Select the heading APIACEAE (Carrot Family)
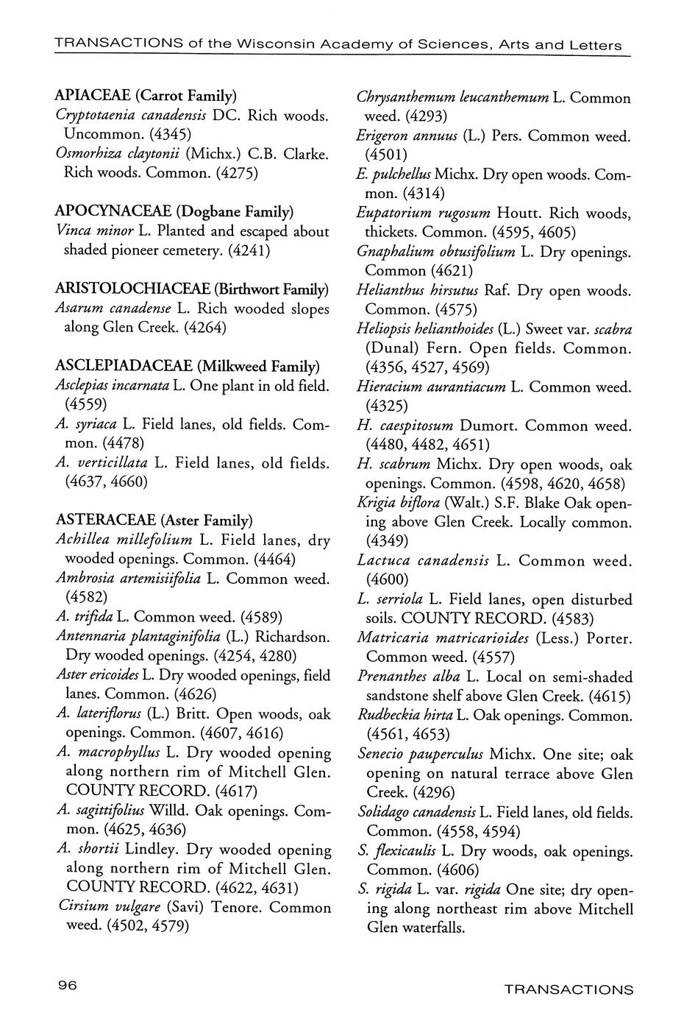(146, 96)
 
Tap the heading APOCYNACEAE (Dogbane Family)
(174, 212)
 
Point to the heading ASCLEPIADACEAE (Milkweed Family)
(188, 366)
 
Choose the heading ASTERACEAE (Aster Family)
(154, 521)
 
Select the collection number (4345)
(170, 135)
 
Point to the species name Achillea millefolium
(124, 540)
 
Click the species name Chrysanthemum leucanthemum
(452, 97)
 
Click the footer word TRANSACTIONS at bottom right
(569, 989)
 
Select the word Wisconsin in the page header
(271, 46)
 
